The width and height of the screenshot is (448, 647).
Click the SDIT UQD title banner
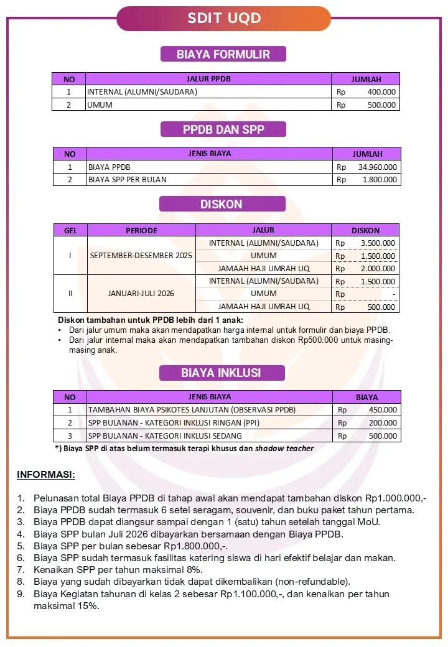[224, 19]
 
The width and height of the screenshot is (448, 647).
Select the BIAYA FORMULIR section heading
[223, 54]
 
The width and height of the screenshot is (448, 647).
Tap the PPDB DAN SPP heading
[223, 129]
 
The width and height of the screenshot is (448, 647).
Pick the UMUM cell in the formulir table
[100, 105]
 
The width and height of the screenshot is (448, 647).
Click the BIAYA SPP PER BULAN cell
[128, 180]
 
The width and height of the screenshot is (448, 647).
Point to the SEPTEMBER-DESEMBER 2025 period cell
[141, 256]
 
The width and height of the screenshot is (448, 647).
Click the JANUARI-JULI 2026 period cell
[141, 293]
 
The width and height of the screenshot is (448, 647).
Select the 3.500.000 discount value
[378, 243]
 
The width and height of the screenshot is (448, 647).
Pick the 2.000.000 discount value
[378, 269]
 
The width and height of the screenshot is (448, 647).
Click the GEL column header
[70, 230]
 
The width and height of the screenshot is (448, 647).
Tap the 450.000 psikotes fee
[383, 410]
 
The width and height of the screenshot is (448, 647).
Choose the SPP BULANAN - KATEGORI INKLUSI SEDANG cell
[165, 435]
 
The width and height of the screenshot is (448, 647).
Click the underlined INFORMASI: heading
[45, 475]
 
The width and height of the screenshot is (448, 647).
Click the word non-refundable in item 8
[317, 582]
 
